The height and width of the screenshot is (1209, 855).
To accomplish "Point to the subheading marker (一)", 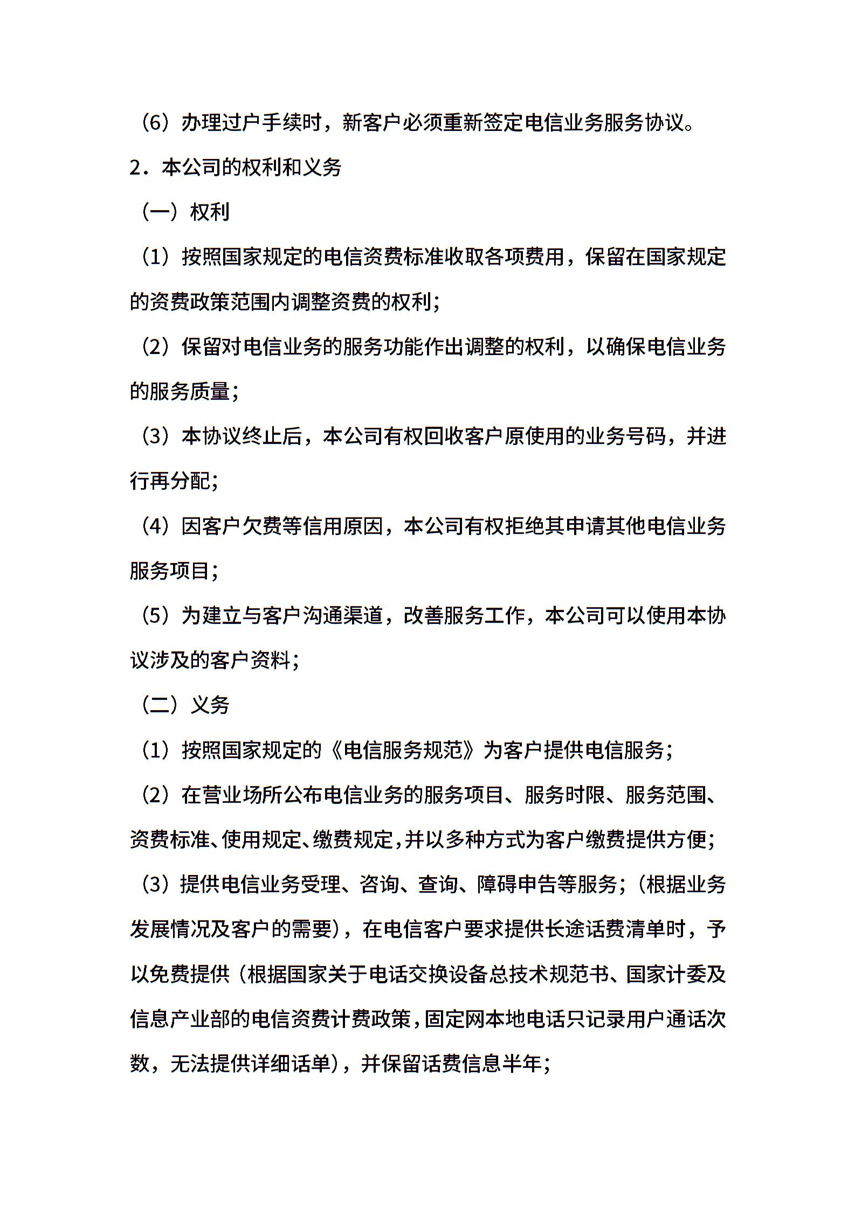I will (160, 212).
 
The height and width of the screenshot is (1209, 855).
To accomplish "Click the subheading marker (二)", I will (160, 705).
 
